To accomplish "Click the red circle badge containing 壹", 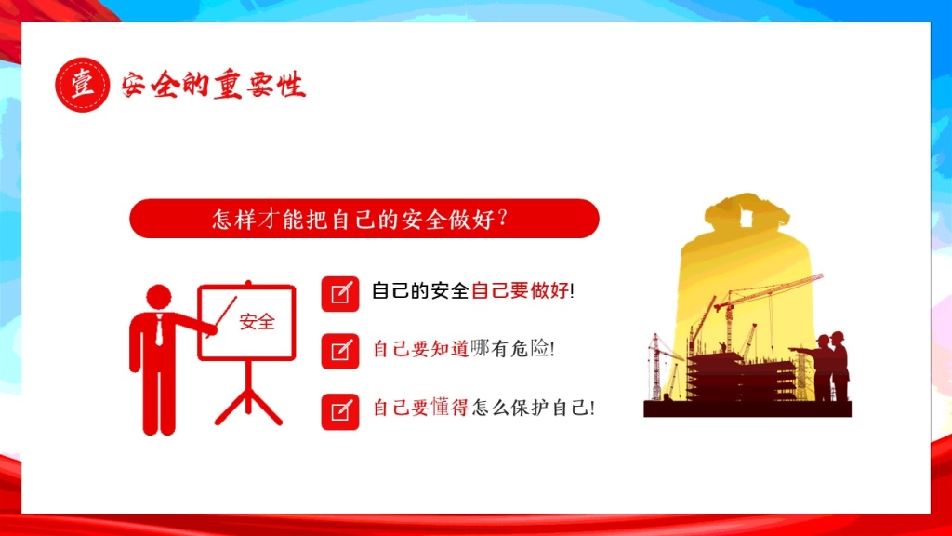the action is coord(83,85).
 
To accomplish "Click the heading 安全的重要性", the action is coord(213,85).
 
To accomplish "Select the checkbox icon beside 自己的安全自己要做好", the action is coord(340,293).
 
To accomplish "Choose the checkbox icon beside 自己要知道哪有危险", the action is coord(340,351).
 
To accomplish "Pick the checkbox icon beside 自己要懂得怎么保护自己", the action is coord(340,411).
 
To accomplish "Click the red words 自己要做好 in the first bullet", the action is coord(521,290).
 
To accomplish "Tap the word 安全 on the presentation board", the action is coord(258,321).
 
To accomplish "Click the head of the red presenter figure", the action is coord(159,297).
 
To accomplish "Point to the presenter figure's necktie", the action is coord(159,330).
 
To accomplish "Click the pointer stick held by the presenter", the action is coord(221,316).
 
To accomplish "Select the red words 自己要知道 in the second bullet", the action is coord(421,349).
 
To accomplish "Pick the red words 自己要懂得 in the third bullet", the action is coord(421,408).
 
